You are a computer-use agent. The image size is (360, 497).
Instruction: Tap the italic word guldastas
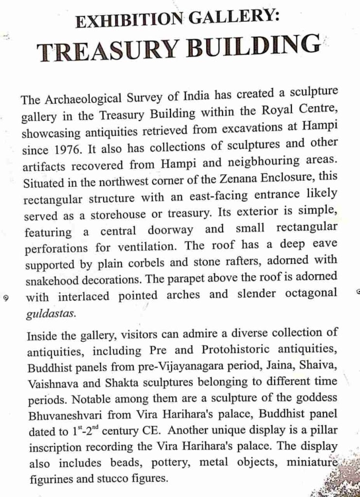(51, 314)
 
